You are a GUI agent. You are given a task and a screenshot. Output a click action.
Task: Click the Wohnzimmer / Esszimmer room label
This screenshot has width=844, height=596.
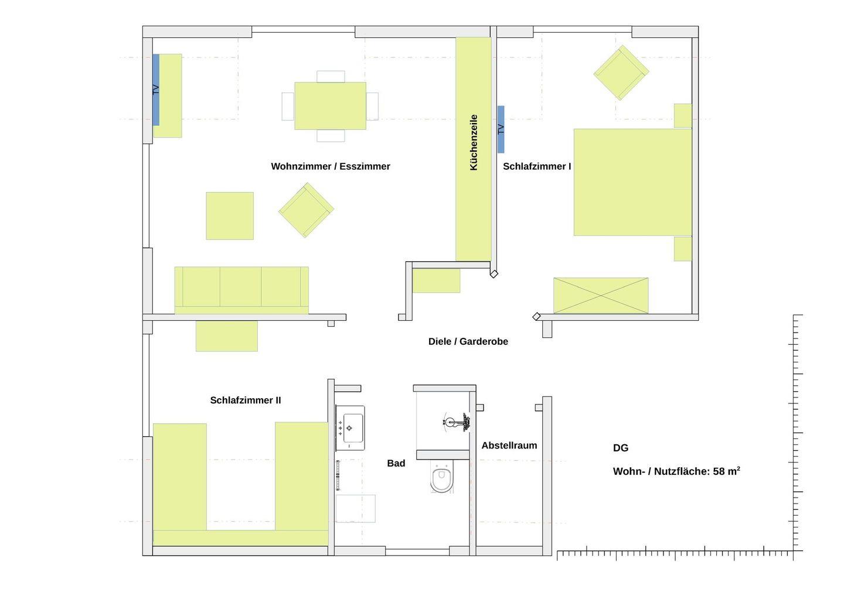coord(331,166)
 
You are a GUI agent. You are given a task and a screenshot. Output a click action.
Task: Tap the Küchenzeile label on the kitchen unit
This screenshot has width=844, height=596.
coord(474,143)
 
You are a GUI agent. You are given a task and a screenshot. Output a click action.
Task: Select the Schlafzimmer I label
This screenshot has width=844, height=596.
coord(537,166)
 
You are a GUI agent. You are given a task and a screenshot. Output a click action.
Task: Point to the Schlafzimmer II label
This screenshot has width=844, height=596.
coord(245,400)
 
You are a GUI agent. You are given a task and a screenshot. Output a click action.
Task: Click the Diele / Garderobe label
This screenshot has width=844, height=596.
coord(468,341)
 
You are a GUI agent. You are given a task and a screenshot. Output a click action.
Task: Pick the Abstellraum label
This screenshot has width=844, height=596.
coord(509,445)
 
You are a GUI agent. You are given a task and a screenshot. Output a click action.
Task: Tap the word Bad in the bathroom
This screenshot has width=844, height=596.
coord(396,463)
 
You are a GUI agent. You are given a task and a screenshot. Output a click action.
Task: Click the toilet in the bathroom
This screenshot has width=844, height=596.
coord(441,477)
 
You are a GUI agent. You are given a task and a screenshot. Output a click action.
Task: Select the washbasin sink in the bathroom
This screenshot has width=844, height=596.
coord(350,428)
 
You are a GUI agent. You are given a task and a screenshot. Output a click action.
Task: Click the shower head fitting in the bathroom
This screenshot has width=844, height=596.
coord(457,422)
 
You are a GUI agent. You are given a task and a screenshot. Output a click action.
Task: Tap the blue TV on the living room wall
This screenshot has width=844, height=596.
coord(156,90)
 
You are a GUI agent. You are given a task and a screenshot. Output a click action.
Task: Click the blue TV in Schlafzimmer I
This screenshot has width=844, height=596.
coord(501,129)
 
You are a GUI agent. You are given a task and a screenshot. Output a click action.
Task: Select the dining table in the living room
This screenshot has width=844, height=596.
coord(330,106)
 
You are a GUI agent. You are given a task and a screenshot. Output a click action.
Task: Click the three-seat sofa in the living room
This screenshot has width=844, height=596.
coord(241,290)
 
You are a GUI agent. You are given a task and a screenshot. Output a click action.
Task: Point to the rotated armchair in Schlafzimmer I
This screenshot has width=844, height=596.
coord(621,73)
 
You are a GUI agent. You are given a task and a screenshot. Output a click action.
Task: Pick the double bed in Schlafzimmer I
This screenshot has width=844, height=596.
coord(632,182)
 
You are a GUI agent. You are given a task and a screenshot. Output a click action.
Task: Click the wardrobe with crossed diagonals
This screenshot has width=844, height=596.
coord(601,296)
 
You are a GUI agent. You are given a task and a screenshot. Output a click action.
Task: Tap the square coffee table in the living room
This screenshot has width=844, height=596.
coord(230,215)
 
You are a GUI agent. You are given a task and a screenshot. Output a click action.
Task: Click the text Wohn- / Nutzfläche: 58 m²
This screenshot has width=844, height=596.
coord(676,471)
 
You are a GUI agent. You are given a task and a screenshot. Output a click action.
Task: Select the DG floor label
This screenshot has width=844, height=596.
coord(621,448)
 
